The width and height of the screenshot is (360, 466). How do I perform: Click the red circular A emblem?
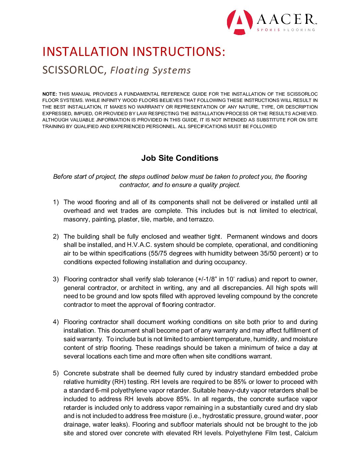[x=240, y=22]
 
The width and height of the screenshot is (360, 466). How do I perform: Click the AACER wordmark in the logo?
[x=286, y=20]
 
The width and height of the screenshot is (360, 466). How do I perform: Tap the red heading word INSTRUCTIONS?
[x=178, y=52]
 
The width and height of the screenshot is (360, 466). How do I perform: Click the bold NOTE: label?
[x=50, y=94]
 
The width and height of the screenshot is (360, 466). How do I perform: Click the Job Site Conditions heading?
[x=180, y=158]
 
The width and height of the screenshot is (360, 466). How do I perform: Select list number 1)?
[x=56, y=202]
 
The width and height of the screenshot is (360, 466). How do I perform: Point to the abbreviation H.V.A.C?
[x=139, y=245]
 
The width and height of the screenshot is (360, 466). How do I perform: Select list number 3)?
[x=56, y=279]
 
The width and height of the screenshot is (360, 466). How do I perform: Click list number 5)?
[x=56, y=373]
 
